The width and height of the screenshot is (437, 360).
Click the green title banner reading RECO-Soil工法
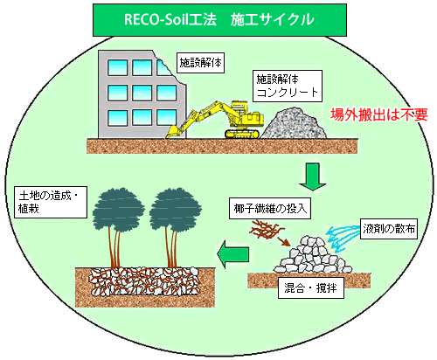pyautogui.click(x=219, y=20)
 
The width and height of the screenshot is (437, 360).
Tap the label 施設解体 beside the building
pyautogui.click(x=200, y=63)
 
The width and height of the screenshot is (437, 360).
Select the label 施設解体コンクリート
pyautogui.click(x=288, y=86)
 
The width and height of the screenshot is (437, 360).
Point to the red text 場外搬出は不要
pyautogui.click(x=378, y=114)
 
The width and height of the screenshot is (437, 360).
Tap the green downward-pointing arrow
pyautogui.click(x=313, y=177)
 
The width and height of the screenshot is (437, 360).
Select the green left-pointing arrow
pyautogui.click(x=233, y=254)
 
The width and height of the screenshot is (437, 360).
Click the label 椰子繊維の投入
pyautogui.click(x=270, y=209)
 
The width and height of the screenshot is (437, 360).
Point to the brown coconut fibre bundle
pyautogui.click(x=266, y=229)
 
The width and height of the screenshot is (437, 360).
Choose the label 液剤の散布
pyautogui.click(x=389, y=229)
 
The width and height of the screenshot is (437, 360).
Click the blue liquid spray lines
pyautogui.click(x=343, y=238)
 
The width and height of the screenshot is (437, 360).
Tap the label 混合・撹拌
pyautogui.click(x=311, y=288)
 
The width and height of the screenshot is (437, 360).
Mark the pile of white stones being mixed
pyautogui.click(x=312, y=255)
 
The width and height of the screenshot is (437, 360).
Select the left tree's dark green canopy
pyautogui.click(x=118, y=209)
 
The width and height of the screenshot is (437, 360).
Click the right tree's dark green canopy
pyautogui.click(x=176, y=209)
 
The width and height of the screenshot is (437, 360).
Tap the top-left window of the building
pyautogui.click(x=117, y=67)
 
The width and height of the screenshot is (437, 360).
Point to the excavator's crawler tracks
pyautogui.click(x=242, y=134)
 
